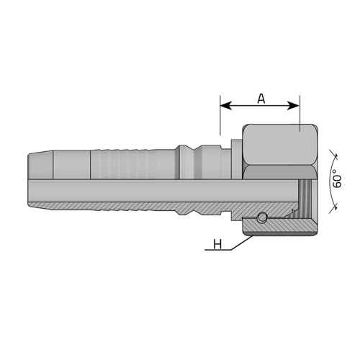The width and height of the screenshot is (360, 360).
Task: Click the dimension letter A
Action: coord(261,99)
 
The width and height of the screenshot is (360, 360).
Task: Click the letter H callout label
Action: coord(217,245)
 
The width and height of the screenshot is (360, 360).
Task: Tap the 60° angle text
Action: coord(337,179)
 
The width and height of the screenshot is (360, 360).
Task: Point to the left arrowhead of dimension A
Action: coord(226,105)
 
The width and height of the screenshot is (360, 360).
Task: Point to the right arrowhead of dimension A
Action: coord(293,105)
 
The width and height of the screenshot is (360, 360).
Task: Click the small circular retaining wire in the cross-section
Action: coord(261,218)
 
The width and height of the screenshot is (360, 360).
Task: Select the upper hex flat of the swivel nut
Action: coord(279,145)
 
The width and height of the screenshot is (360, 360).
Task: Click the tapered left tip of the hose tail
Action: coord(40,165)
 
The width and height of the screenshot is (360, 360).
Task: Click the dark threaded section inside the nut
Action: coord(305,194)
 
